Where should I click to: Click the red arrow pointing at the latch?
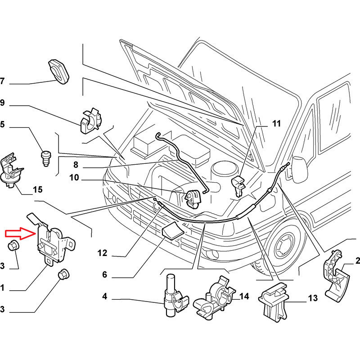pyautogui.click(x=20, y=234)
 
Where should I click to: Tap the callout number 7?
pyautogui.click(x=2, y=81)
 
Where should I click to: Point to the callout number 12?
pyautogui.click(x=103, y=253)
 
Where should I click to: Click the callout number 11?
pyautogui.click(x=276, y=123)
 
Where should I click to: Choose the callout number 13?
pyautogui.click(x=313, y=298)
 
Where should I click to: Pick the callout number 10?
pyautogui.click(x=74, y=178)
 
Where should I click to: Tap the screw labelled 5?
pyautogui.click(x=46, y=157)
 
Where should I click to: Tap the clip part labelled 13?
pyautogui.click(x=274, y=304)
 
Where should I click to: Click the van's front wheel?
pyautogui.click(x=283, y=245)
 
